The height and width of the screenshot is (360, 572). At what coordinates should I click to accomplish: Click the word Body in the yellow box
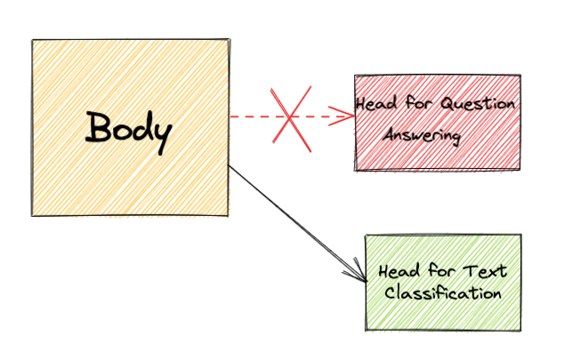click(x=128, y=132)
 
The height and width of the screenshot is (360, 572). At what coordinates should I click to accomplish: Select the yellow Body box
click(x=131, y=127)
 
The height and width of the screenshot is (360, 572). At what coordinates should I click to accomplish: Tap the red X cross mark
click(x=291, y=119)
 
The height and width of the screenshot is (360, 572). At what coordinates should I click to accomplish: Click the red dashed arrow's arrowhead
click(x=342, y=116)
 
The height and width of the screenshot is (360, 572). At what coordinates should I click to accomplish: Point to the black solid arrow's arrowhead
click(x=357, y=271)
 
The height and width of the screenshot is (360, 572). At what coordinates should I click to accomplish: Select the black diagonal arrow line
click(x=298, y=223)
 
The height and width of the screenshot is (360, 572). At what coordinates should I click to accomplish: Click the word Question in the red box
click(x=478, y=104)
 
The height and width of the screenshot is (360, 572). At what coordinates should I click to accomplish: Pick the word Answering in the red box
click(x=422, y=135)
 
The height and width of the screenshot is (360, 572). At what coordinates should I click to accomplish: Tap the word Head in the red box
click(x=376, y=103)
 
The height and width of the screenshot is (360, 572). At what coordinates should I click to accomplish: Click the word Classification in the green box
click(x=443, y=293)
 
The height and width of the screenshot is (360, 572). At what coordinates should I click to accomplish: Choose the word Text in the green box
click(x=485, y=271)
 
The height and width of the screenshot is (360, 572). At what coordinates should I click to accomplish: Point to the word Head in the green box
click(x=399, y=271)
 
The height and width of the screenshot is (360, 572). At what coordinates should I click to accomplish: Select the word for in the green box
click(x=441, y=271)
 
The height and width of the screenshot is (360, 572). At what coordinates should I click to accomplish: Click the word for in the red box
click(x=419, y=102)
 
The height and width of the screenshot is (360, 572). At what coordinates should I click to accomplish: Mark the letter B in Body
click(x=98, y=127)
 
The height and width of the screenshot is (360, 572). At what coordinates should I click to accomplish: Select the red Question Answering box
click(x=438, y=123)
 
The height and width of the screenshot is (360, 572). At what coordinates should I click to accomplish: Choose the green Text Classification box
click(x=443, y=283)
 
